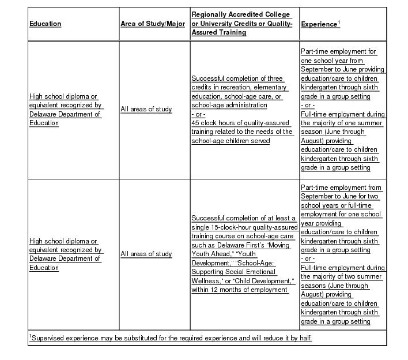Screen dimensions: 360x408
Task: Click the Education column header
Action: (x=46, y=24)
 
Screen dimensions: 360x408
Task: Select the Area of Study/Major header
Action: (x=153, y=24)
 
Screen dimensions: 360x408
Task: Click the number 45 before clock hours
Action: (x=196, y=123)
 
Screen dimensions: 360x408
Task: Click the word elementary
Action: (x=266, y=87)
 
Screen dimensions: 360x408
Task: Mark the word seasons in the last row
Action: (x=316, y=286)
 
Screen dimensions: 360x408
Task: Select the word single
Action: (x=201, y=227)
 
